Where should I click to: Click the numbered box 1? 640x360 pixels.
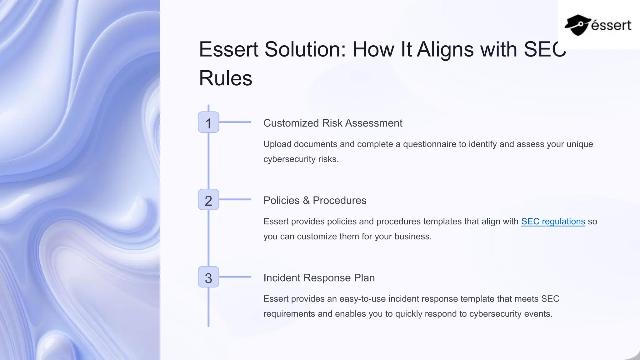click(208, 122)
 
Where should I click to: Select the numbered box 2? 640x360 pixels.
click(208, 200)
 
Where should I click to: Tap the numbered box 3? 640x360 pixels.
click(208, 277)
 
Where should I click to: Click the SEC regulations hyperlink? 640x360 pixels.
click(553, 221)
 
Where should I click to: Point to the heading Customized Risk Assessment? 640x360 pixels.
click(332, 123)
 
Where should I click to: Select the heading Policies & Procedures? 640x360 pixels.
click(315, 200)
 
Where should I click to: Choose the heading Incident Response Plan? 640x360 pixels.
click(319, 277)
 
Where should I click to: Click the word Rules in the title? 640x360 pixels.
click(225, 78)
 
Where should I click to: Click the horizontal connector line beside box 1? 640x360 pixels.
click(235, 122)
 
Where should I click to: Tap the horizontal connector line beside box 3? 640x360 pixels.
click(235, 277)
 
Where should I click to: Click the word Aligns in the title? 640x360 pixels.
click(445, 49)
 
